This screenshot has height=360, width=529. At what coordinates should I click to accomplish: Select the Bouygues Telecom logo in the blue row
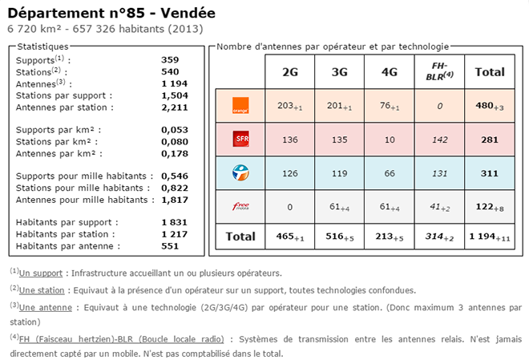pyautogui.click(x=240, y=172)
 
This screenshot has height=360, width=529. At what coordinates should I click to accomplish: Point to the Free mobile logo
pyautogui.click(x=240, y=206)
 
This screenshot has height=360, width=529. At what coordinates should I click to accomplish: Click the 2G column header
pyautogui.click(x=290, y=72)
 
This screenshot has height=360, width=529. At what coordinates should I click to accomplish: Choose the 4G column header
pyautogui.click(x=390, y=72)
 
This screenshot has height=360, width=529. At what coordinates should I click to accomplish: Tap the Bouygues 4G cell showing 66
pyautogui.click(x=390, y=172)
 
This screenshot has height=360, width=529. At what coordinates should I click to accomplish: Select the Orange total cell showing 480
pyautogui.click(x=489, y=107)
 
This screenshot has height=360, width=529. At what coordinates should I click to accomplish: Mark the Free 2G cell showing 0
pyautogui.click(x=290, y=206)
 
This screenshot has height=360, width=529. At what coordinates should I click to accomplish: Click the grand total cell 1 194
pyautogui.click(x=489, y=237)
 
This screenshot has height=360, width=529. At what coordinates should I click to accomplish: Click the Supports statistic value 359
pyautogui.click(x=170, y=60)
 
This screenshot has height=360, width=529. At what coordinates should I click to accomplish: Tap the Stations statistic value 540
pyautogui.click(x=170, y=71)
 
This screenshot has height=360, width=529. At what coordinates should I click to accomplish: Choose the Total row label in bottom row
pyautogui.click(x=240, y=237)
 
